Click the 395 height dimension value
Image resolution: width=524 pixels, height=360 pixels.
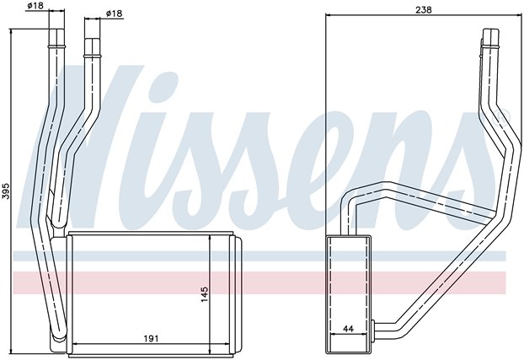[x=7, y=191]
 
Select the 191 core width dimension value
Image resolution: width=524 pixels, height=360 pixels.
[x=151, y=339]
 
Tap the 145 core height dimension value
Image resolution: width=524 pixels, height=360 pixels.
[x=205, y=294]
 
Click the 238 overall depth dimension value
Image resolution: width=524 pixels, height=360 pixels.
[x=424, y=10]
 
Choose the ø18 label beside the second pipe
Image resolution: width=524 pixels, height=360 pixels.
[x=114, y=13]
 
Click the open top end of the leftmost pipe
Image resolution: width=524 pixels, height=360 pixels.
[x=56, y=30]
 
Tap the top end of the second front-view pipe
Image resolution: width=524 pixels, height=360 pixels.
[x=92, y=40]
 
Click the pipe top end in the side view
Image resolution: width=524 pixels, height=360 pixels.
[x=490, y=30]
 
